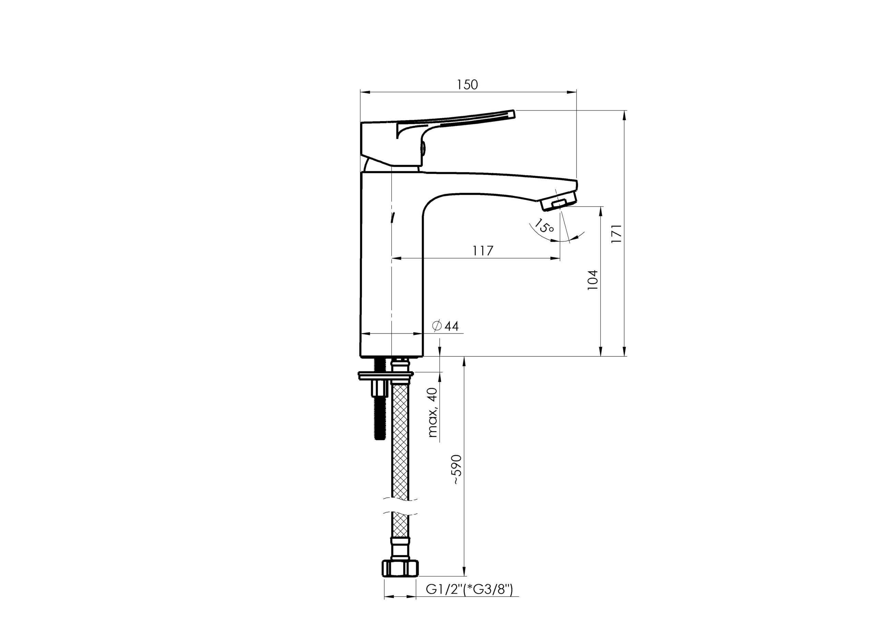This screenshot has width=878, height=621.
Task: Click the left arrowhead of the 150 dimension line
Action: (x=365, y=92)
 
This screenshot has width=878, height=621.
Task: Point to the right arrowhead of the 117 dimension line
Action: (x=555, y=259)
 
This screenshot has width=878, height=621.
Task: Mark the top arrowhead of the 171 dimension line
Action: (x=625, y=116)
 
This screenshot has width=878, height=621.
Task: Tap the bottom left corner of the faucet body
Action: (x=360, y=356)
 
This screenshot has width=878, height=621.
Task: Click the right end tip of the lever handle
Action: (x=515, y=114)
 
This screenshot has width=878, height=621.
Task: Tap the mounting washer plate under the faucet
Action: (x=386, y=376)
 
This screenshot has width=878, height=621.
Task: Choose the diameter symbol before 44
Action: (x=437, y=326)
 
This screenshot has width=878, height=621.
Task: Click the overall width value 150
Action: (x=467, y=84)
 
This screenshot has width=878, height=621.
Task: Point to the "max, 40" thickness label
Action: (x=432, y=412)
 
